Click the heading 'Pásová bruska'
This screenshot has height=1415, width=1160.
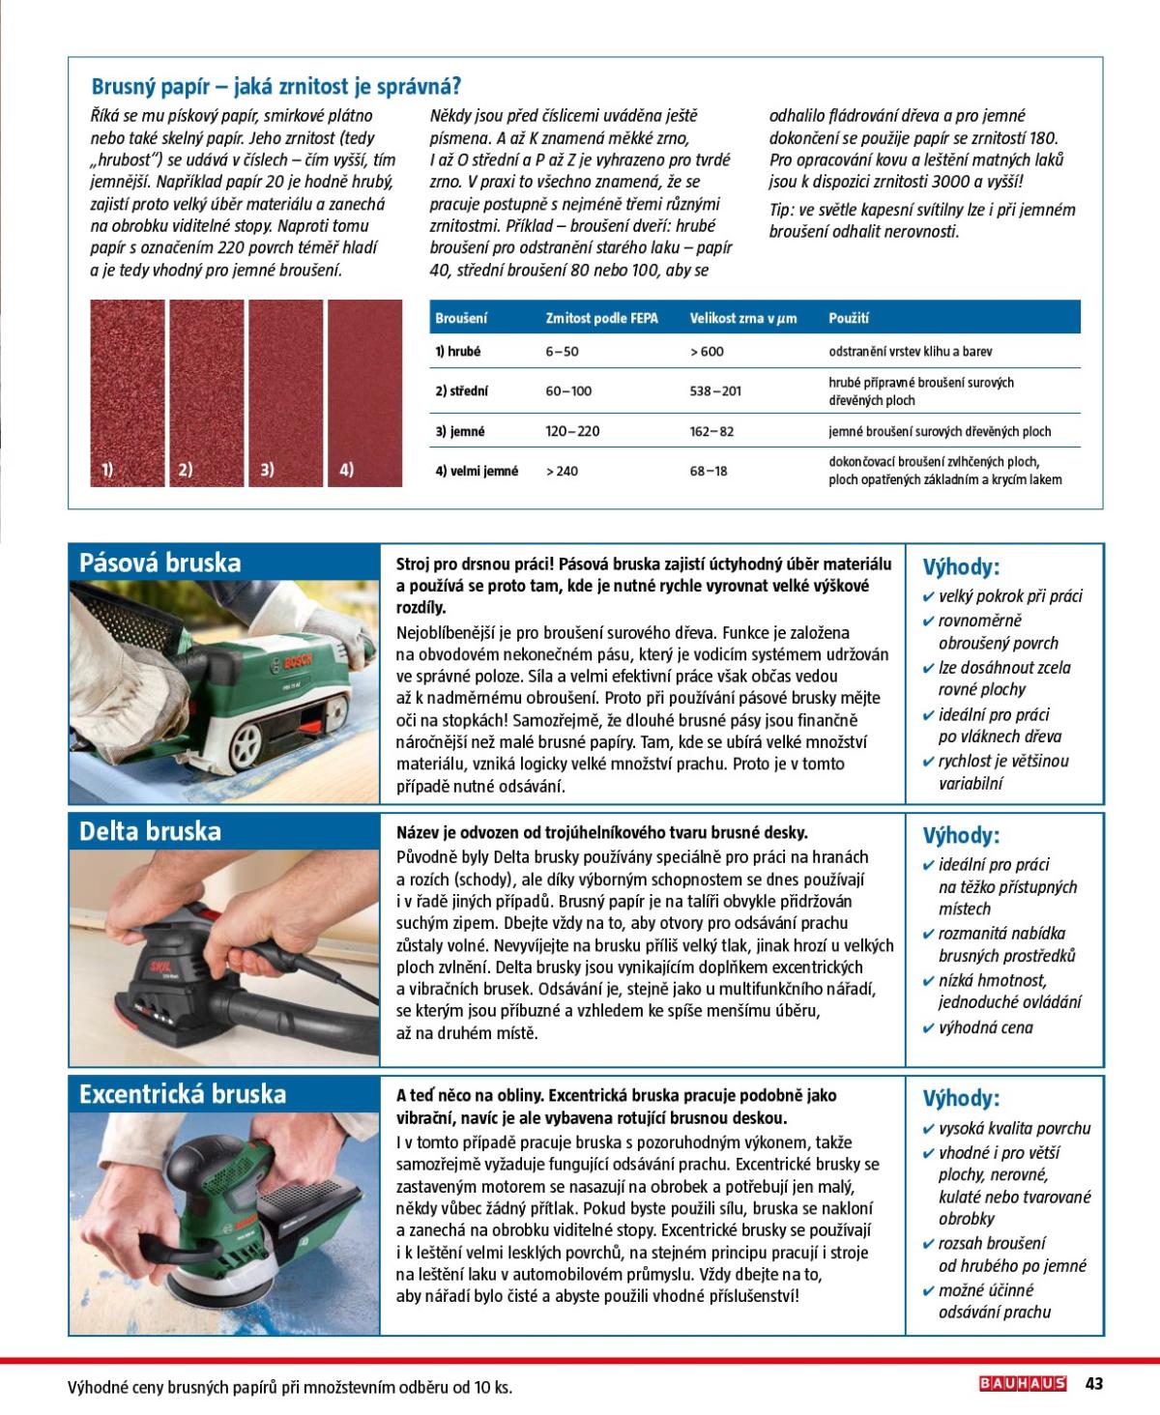coord(160,563)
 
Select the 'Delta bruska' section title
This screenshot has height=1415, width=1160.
coord(150,831)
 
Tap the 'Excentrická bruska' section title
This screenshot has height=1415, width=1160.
coord(183,1094)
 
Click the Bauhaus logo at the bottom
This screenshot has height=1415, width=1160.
coord(1023,1383)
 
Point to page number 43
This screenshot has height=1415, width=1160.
coord(1094,1383)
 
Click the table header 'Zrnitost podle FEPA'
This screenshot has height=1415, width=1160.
coord(601,318)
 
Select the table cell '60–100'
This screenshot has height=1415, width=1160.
coord(568,391)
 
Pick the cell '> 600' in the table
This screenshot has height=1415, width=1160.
coord(707,352)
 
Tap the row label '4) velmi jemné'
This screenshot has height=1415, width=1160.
coord(477,472)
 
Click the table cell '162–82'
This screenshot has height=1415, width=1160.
coord(711,432)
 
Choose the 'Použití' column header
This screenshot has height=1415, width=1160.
coord(849,318)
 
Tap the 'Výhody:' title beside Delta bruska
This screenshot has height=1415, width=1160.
coord(961,835)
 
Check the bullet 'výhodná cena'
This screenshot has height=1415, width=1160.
coord(985,1027)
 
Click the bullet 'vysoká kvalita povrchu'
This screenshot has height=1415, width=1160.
coord(1014,1128)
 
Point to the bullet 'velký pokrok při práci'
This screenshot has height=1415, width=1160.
coord(1010,596)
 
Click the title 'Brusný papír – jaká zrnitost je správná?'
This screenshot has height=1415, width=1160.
coord(275,87)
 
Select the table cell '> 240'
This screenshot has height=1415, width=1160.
coord(562,472)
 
